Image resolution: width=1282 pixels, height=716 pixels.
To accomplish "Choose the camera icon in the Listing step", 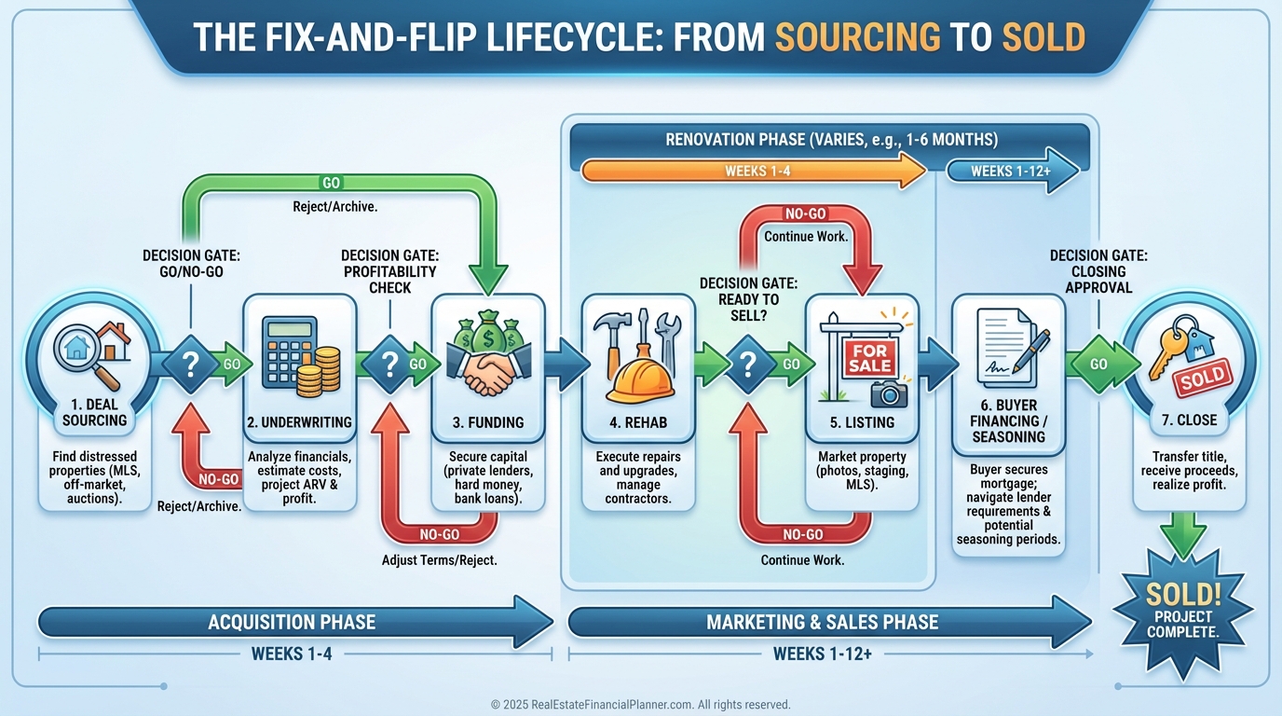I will (x=889, y=392).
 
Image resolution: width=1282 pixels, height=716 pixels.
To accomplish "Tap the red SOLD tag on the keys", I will (x=1202, y=379).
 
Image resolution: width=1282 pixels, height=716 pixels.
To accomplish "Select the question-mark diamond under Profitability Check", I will (x=389, y=364).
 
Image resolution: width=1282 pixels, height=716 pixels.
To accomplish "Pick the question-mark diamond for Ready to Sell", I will (x=748, y=364).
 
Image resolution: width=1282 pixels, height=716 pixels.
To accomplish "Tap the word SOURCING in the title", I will (x=856, y=37).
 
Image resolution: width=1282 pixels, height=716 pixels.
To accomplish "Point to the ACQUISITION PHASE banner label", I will (x=292, y=622).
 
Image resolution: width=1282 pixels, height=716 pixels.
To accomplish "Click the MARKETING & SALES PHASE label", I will (x=822, y=622).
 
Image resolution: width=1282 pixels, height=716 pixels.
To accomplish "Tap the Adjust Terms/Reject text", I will (x=439, y=560).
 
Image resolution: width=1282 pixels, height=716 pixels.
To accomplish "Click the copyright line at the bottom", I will (x=640, y=705).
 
